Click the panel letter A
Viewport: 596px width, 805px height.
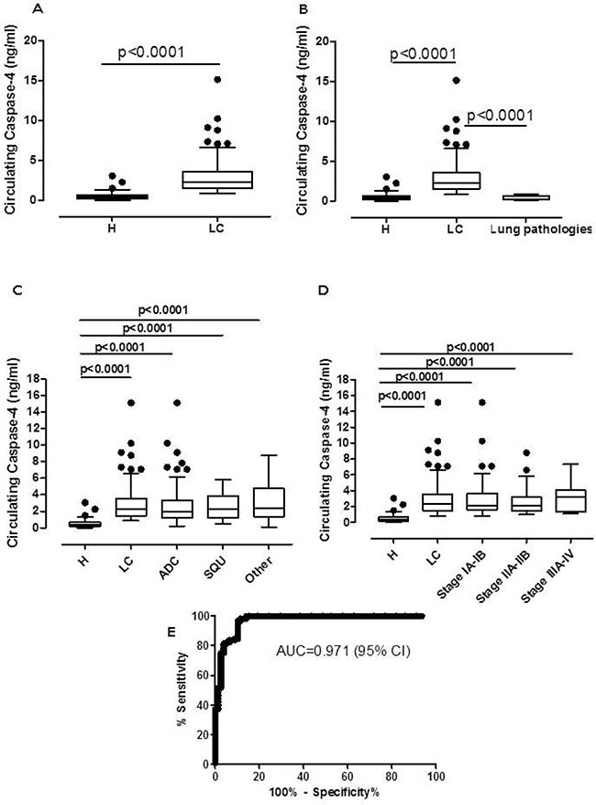click(38, 8)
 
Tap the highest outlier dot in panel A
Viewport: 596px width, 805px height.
click(217, 80)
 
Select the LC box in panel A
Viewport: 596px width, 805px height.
click(217, 180)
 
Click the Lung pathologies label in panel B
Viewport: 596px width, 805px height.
click(541, 229)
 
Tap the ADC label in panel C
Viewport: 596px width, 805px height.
click(169, 568)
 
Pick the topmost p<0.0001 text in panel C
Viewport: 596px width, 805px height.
click(163, 310)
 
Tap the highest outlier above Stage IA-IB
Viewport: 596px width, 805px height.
click(481, 402)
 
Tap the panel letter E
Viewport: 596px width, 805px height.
click(171, 631)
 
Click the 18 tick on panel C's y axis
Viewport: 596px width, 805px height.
click(35, 379)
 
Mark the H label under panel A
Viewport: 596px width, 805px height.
click(112, 229)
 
